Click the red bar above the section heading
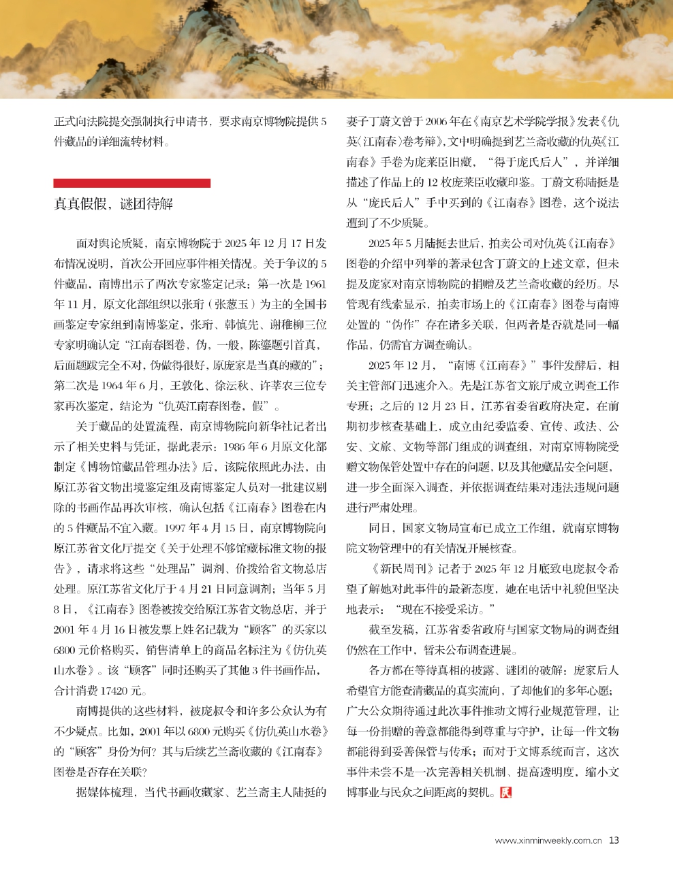tap(131, 183)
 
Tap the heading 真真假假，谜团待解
tap(113, 204)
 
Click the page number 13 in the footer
tap(614, 840)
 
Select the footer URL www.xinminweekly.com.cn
tap(548, 841)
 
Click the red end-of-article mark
tap(505, 793)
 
